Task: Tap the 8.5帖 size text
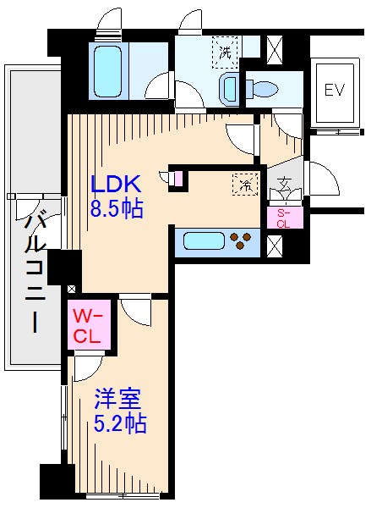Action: (x=117, y=208)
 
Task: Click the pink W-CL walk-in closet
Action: (x=87, y=324)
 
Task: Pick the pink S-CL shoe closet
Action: (x=283, y=218)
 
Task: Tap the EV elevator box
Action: (x=335, y=91)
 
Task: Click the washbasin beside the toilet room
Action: (x=229, y=87)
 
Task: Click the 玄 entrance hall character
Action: (x=284, y=183)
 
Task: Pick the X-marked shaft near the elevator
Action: (x=275, y=48)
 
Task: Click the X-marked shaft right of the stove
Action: (x=275, y=246)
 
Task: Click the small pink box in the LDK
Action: (x=177, y=179)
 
